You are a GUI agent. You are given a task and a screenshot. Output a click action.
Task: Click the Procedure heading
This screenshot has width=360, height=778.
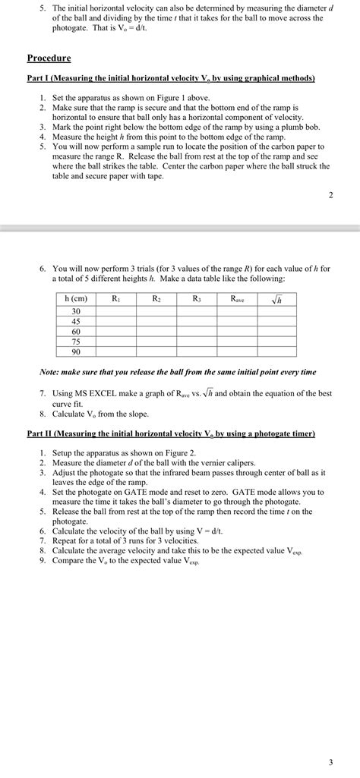49,58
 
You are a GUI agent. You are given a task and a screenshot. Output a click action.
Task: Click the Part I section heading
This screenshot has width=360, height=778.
171,78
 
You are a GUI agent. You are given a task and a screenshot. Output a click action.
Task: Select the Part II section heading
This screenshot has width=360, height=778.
171,433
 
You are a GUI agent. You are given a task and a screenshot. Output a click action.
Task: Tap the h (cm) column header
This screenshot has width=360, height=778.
76,300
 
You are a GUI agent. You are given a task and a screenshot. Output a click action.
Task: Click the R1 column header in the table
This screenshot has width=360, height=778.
115,300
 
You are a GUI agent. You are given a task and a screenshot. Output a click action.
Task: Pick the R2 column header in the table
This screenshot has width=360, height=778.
156,300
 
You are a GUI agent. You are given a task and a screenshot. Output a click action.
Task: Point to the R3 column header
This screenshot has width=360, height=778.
197,300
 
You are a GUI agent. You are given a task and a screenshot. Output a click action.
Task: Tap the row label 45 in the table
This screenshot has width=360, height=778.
76,322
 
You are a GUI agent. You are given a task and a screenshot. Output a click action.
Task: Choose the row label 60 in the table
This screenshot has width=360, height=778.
76,332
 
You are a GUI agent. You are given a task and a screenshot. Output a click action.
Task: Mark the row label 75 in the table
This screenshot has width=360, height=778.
76,342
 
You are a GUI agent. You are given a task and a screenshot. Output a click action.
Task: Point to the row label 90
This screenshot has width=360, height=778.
76,351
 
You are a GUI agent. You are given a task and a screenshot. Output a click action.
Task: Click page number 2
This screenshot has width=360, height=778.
330,195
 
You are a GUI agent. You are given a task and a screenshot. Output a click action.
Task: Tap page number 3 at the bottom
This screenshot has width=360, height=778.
330,761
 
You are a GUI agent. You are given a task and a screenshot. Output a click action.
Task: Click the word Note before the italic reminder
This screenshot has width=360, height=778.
50,372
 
